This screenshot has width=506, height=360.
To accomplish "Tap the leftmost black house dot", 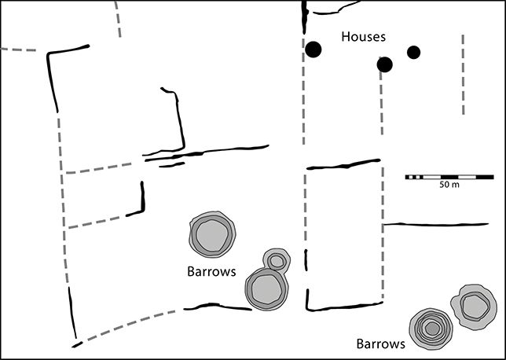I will click(313, 50).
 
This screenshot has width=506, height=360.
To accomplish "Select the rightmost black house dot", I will click(414, 53).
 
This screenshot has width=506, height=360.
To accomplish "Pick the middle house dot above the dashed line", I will click(384, 64).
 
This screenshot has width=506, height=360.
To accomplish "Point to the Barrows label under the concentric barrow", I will click(380, 343).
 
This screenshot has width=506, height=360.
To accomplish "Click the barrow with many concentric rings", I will click(431, 327).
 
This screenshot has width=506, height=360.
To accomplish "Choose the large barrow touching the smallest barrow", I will click(265, 288).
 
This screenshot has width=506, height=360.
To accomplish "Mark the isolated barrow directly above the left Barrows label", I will click(212, 234).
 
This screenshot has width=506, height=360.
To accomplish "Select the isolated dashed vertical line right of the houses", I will click(464, 74).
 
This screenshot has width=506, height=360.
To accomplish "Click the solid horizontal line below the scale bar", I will click(440, 224).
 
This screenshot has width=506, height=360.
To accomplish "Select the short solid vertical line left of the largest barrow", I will click(142, 199).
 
